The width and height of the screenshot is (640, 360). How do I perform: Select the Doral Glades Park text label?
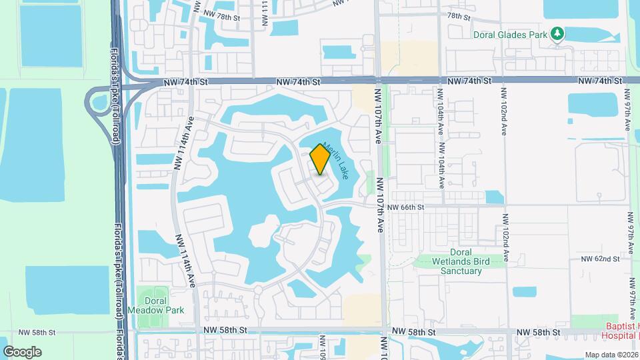pos(509,34)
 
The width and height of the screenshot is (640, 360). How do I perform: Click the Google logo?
pos(22,351)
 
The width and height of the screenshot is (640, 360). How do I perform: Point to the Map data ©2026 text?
pos(611,355)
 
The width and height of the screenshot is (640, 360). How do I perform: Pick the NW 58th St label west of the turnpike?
pos(37,331)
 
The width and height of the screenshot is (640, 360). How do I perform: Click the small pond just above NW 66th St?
pos(494,197)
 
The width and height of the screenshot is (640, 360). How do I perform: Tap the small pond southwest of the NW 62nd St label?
pos(525,291)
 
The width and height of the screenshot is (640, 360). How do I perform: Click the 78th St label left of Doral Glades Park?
pos(459,15)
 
